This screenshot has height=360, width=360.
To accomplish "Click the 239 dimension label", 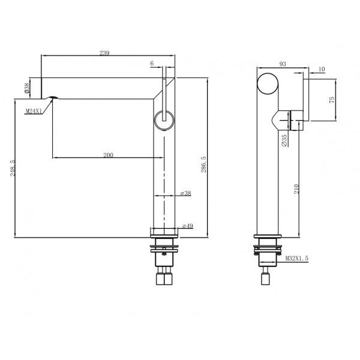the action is click(104, 53).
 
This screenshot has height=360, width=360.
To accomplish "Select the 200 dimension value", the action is click(108, 155).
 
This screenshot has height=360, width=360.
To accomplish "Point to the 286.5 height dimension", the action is click(203, 164).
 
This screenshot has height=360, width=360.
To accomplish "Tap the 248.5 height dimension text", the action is click(13, 168).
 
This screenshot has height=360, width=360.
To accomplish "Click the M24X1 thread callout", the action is click(33, 112).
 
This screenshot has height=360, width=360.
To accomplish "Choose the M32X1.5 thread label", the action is click(297, 258).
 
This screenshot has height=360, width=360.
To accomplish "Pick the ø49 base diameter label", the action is click(188, 226).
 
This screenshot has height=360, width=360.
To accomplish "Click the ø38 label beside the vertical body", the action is click(186, 193).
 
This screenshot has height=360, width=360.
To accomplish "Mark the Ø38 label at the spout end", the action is click(27, 88).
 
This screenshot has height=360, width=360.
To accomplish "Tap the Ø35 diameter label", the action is click(284, 140).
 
